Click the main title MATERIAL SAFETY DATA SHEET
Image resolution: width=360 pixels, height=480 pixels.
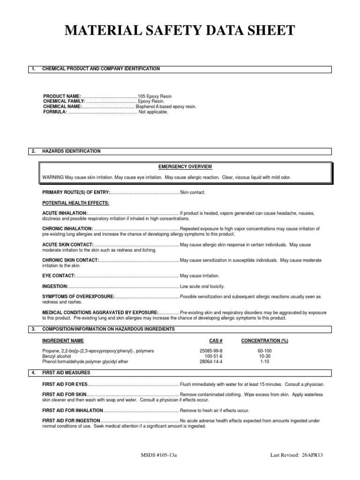tap(180, 31)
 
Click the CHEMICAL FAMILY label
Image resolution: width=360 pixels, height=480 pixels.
tap(64, 101)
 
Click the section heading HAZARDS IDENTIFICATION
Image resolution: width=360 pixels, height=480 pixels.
tap(71, 151)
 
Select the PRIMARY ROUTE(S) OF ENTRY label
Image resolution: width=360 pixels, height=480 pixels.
tap(76, 193)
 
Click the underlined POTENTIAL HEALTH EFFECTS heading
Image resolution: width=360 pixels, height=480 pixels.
tap(75, 203)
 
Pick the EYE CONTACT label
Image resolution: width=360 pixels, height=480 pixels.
tap(59, 276)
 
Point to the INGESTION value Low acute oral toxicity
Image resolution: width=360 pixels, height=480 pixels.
tap(202, 286)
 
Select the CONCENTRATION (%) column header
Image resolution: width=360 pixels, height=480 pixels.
tap(264, 340)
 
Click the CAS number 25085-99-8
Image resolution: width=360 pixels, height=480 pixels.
tap(211, 351)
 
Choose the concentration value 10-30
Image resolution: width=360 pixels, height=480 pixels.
tap(264, 356)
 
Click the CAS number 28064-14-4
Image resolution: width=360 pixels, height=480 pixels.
tap(211, 362)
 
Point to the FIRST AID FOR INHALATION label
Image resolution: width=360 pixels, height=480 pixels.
tap(73, 410)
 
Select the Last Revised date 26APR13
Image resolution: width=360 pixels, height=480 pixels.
tap(314, 455)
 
